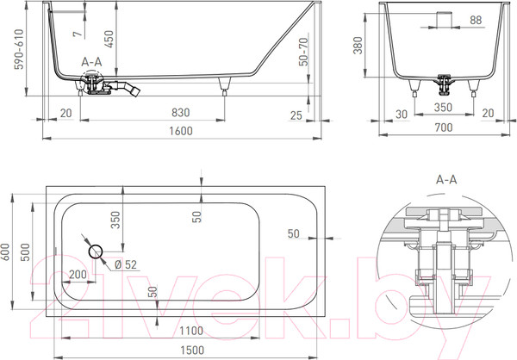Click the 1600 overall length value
coord(179,130)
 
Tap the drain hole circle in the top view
coord(95,251)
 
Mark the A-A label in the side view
coord(91,64)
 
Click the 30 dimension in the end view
coord(402,114)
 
